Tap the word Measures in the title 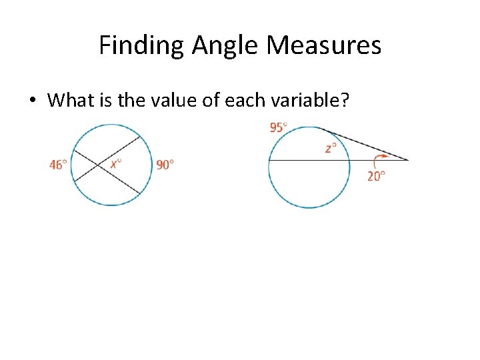(325, 45)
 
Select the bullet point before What (32, 101)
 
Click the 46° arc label (58, 164)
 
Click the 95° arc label (279, 127)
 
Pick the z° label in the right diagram (330, 148)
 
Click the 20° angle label (377, 177)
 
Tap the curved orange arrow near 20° (379, 160)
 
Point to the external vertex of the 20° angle (408, 160)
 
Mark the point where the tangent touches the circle (317, 127)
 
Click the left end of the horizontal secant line (269, 160)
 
